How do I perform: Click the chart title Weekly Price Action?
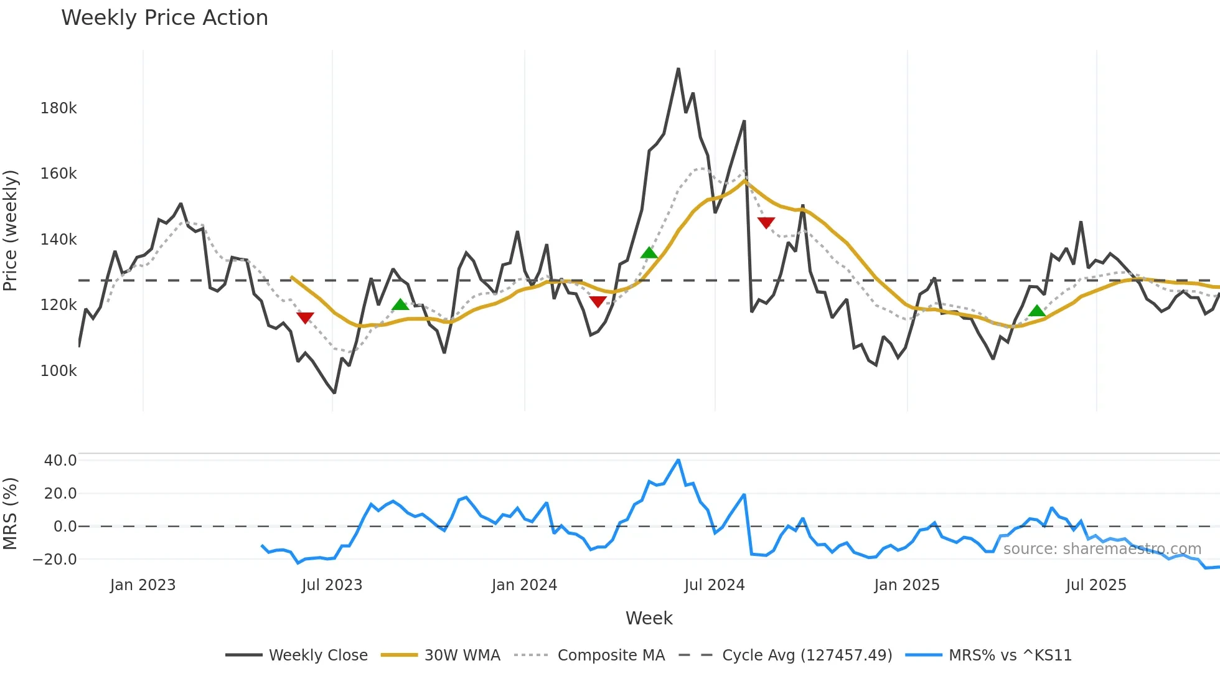click(164, 18)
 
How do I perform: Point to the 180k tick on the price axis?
click(59, 108)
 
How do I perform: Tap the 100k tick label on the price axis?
click(59, 371)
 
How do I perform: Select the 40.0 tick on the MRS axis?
click(60, 461)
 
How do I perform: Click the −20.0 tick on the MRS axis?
click(55, 559)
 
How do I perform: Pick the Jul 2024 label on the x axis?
click(714, 585)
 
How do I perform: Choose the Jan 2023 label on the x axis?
click(143, 585)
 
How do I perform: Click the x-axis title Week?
click(649, 618)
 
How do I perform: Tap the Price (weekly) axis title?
click(11, 230)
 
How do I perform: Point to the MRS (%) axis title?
click(11, 514)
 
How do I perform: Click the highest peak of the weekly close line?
click(678, 69)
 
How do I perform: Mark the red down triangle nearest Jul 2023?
click(305, 318)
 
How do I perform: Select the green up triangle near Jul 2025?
click(1036, 311)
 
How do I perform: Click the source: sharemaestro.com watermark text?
click(1102, 549)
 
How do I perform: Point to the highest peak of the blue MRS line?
click(678, 461)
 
